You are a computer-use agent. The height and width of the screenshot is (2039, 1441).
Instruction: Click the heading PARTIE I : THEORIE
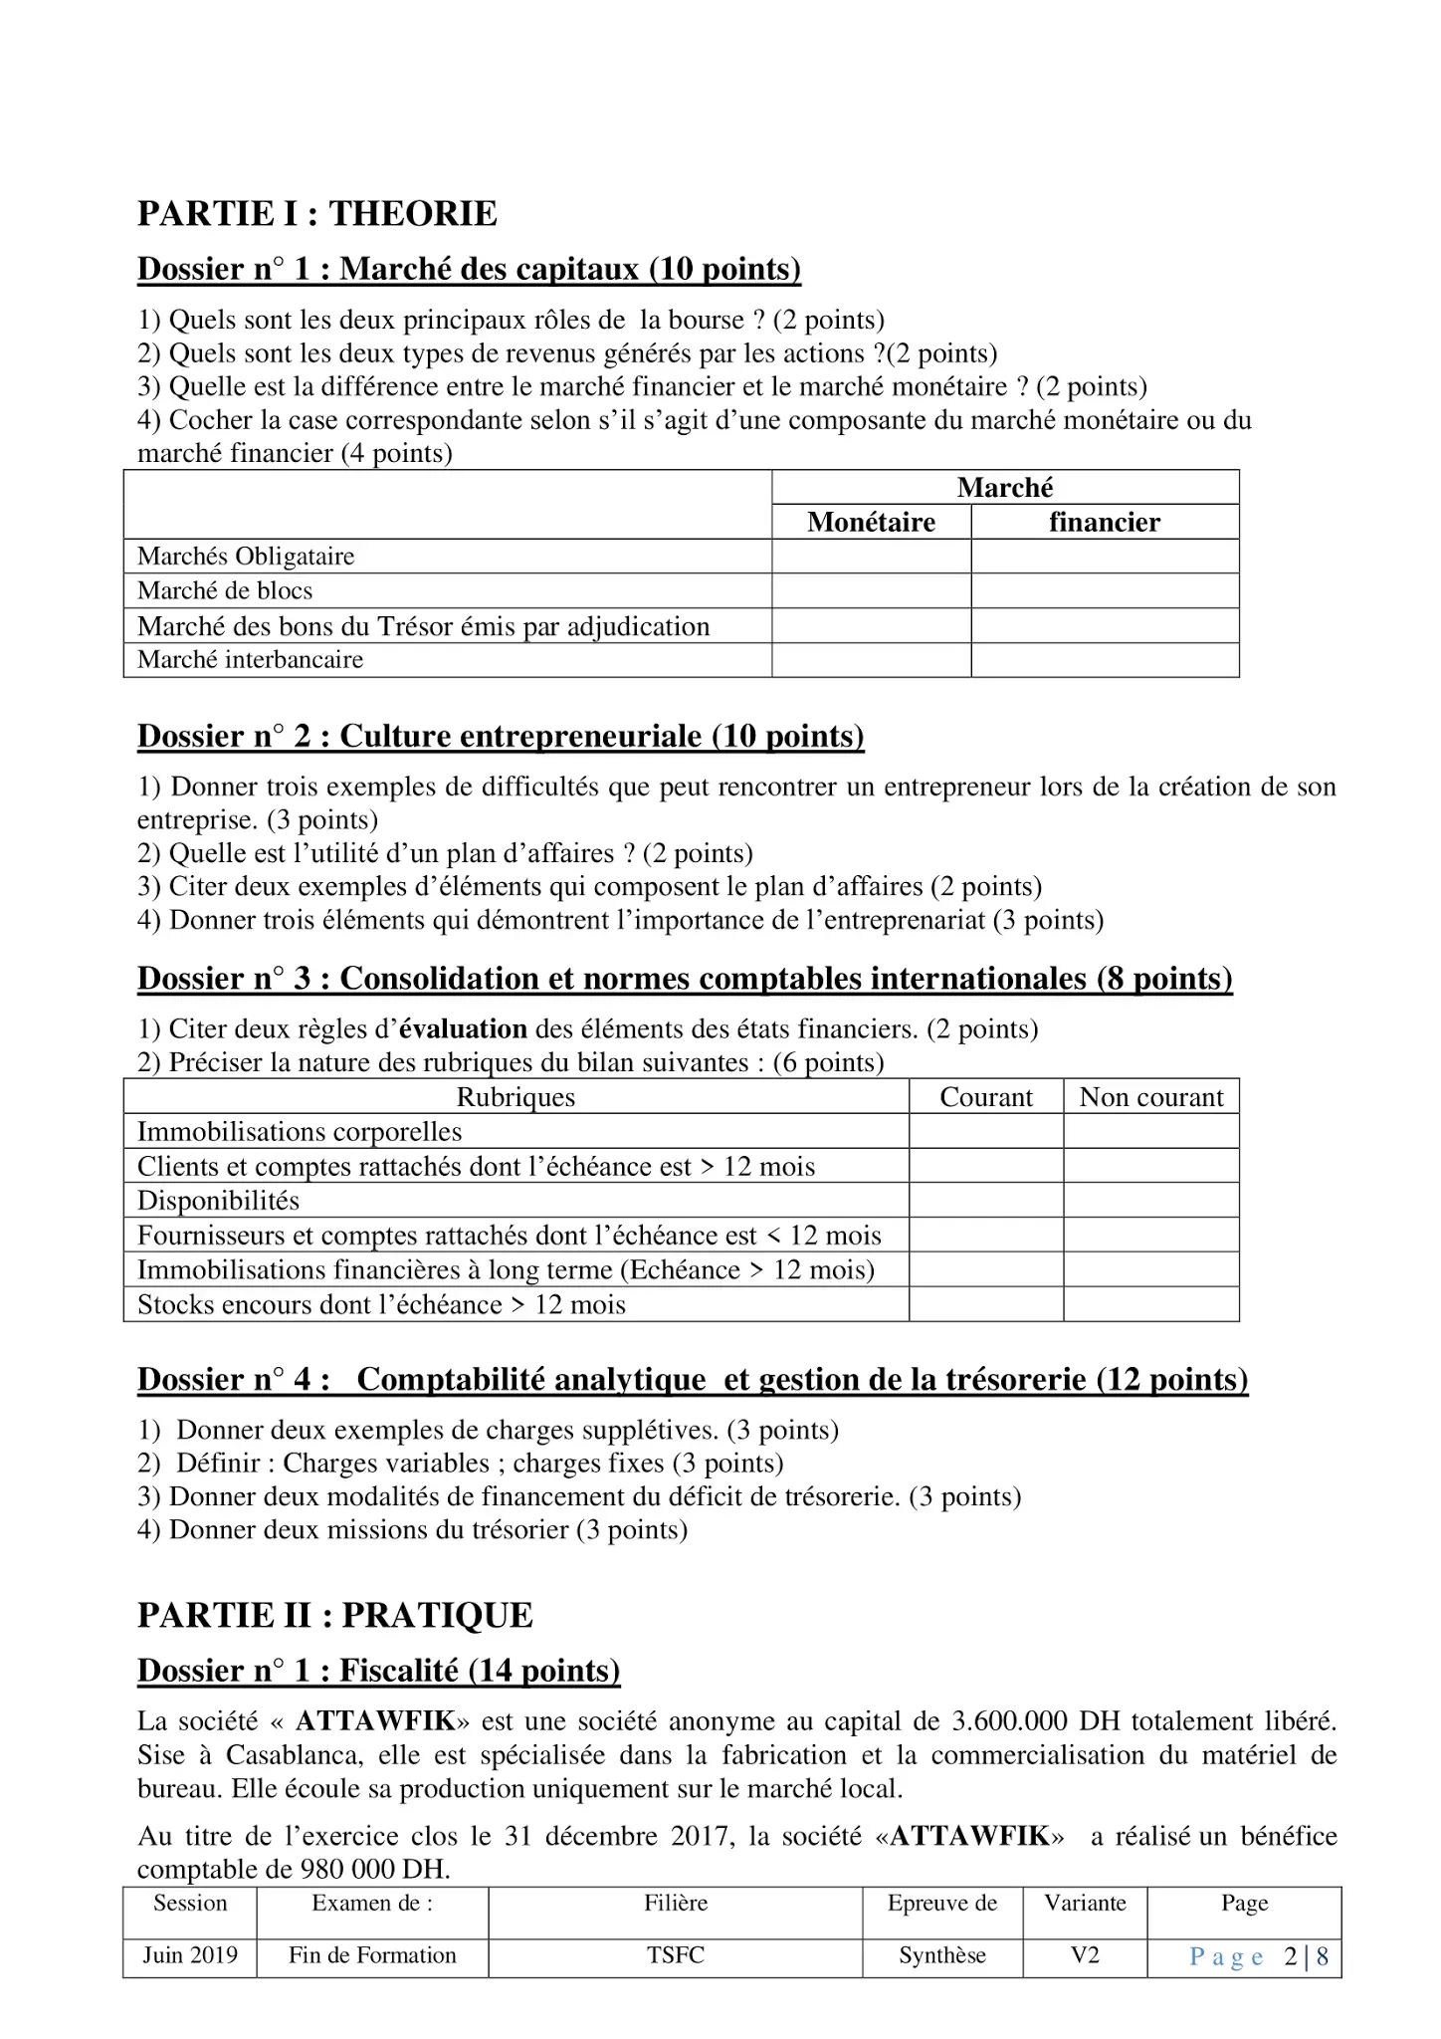click(x=316, y=213)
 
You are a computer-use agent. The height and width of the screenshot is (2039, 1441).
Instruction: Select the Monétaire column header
click(x=871, y=522)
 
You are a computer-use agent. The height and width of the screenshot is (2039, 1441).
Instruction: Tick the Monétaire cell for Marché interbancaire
click(x=871, y=660)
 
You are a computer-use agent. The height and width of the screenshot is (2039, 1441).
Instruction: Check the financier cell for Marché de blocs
click(x=1105, y=590)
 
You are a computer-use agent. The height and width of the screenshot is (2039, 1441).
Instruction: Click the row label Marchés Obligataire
click(x=246, y=556)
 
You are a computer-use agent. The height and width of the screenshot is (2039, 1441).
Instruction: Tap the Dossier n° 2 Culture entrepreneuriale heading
click(x=501, y=736)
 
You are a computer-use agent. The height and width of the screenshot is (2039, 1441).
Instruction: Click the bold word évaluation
click(x=463, y=1028)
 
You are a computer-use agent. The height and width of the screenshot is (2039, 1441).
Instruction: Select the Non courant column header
click(x=1151, y=1097)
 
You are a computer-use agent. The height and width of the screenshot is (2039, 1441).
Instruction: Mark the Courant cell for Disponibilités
click(x=985, y=1200)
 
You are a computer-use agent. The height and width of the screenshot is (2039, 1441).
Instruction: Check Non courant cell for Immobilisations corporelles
click(x=1151, y=1131)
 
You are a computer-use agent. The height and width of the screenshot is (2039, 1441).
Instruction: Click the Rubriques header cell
click(x=515, y=1097)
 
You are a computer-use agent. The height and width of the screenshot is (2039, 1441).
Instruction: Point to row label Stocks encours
click(x=381, y=1304)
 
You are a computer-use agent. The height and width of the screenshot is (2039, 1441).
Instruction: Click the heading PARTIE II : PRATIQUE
click(x=334, y=1615)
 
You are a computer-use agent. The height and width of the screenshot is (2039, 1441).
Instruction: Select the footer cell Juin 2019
click(x=190, y=1954)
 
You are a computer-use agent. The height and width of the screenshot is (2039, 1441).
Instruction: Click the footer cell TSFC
click(x=675, y=1954)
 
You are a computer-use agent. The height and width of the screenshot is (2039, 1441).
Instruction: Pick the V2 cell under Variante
click(x=1085, y=1954)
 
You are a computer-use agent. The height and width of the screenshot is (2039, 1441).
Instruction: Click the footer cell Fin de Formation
click(x=372, y=1954)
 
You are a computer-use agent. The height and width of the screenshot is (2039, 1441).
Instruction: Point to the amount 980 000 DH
click(x=375, y=1869)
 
